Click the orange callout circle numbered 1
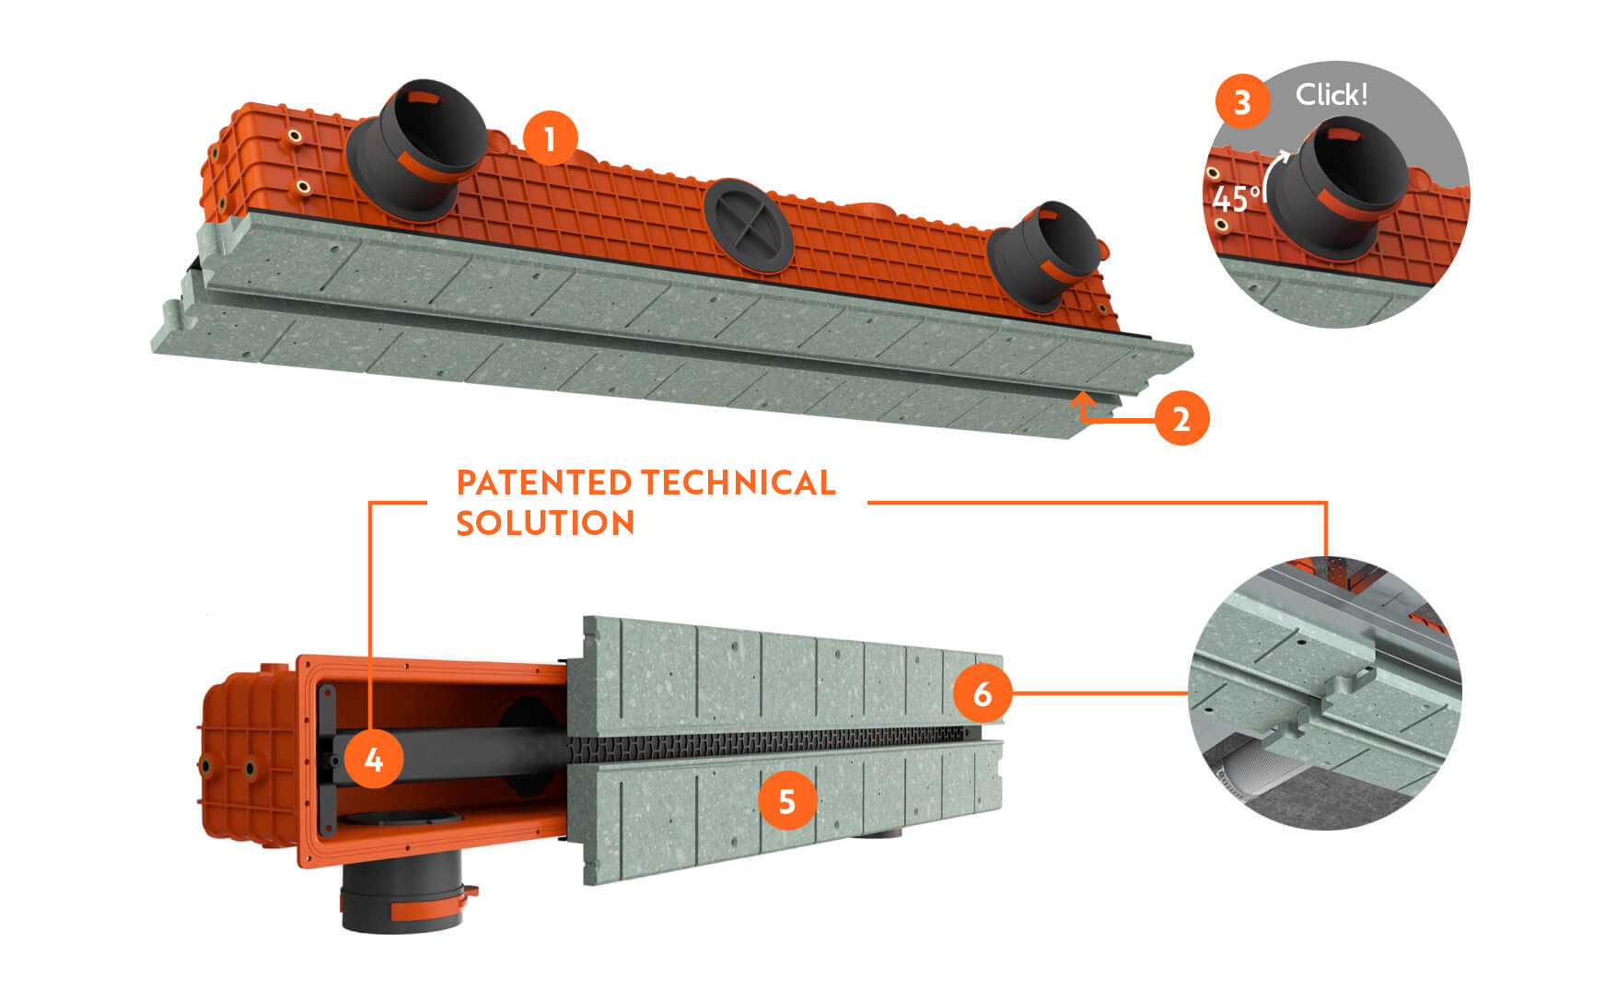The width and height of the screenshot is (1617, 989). (550, 139)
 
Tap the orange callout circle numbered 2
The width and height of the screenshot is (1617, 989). (1181, 419)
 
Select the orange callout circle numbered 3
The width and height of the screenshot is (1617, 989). (1242, 101)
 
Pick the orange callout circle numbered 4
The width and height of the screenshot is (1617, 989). (373, 760)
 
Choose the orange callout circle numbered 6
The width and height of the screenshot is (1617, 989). (982, 692)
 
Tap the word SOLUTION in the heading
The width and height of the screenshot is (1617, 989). (545, 523)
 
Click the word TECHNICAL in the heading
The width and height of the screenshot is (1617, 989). (739, 483)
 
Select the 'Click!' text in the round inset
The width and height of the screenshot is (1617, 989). (1331, 94)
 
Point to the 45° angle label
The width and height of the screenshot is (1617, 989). (1235, 199)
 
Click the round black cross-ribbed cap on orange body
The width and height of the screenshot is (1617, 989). (748, 225)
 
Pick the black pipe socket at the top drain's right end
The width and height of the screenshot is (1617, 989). (1044, 254)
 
